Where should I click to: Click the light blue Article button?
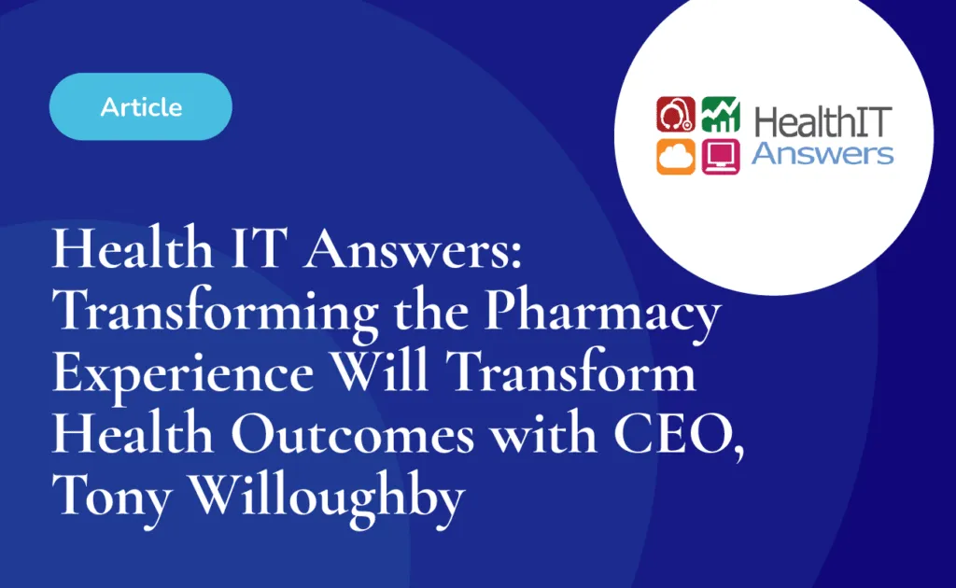141,106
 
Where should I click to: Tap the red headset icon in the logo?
676,114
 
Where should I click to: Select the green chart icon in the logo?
721,114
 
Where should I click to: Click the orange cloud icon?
676,157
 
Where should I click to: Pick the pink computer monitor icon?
721,157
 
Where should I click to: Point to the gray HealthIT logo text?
823,121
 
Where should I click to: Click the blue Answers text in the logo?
822,154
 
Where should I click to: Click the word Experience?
183,373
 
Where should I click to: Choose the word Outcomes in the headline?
352,433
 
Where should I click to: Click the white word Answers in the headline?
413,248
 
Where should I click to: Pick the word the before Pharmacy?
431,310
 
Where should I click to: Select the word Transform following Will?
570,371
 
